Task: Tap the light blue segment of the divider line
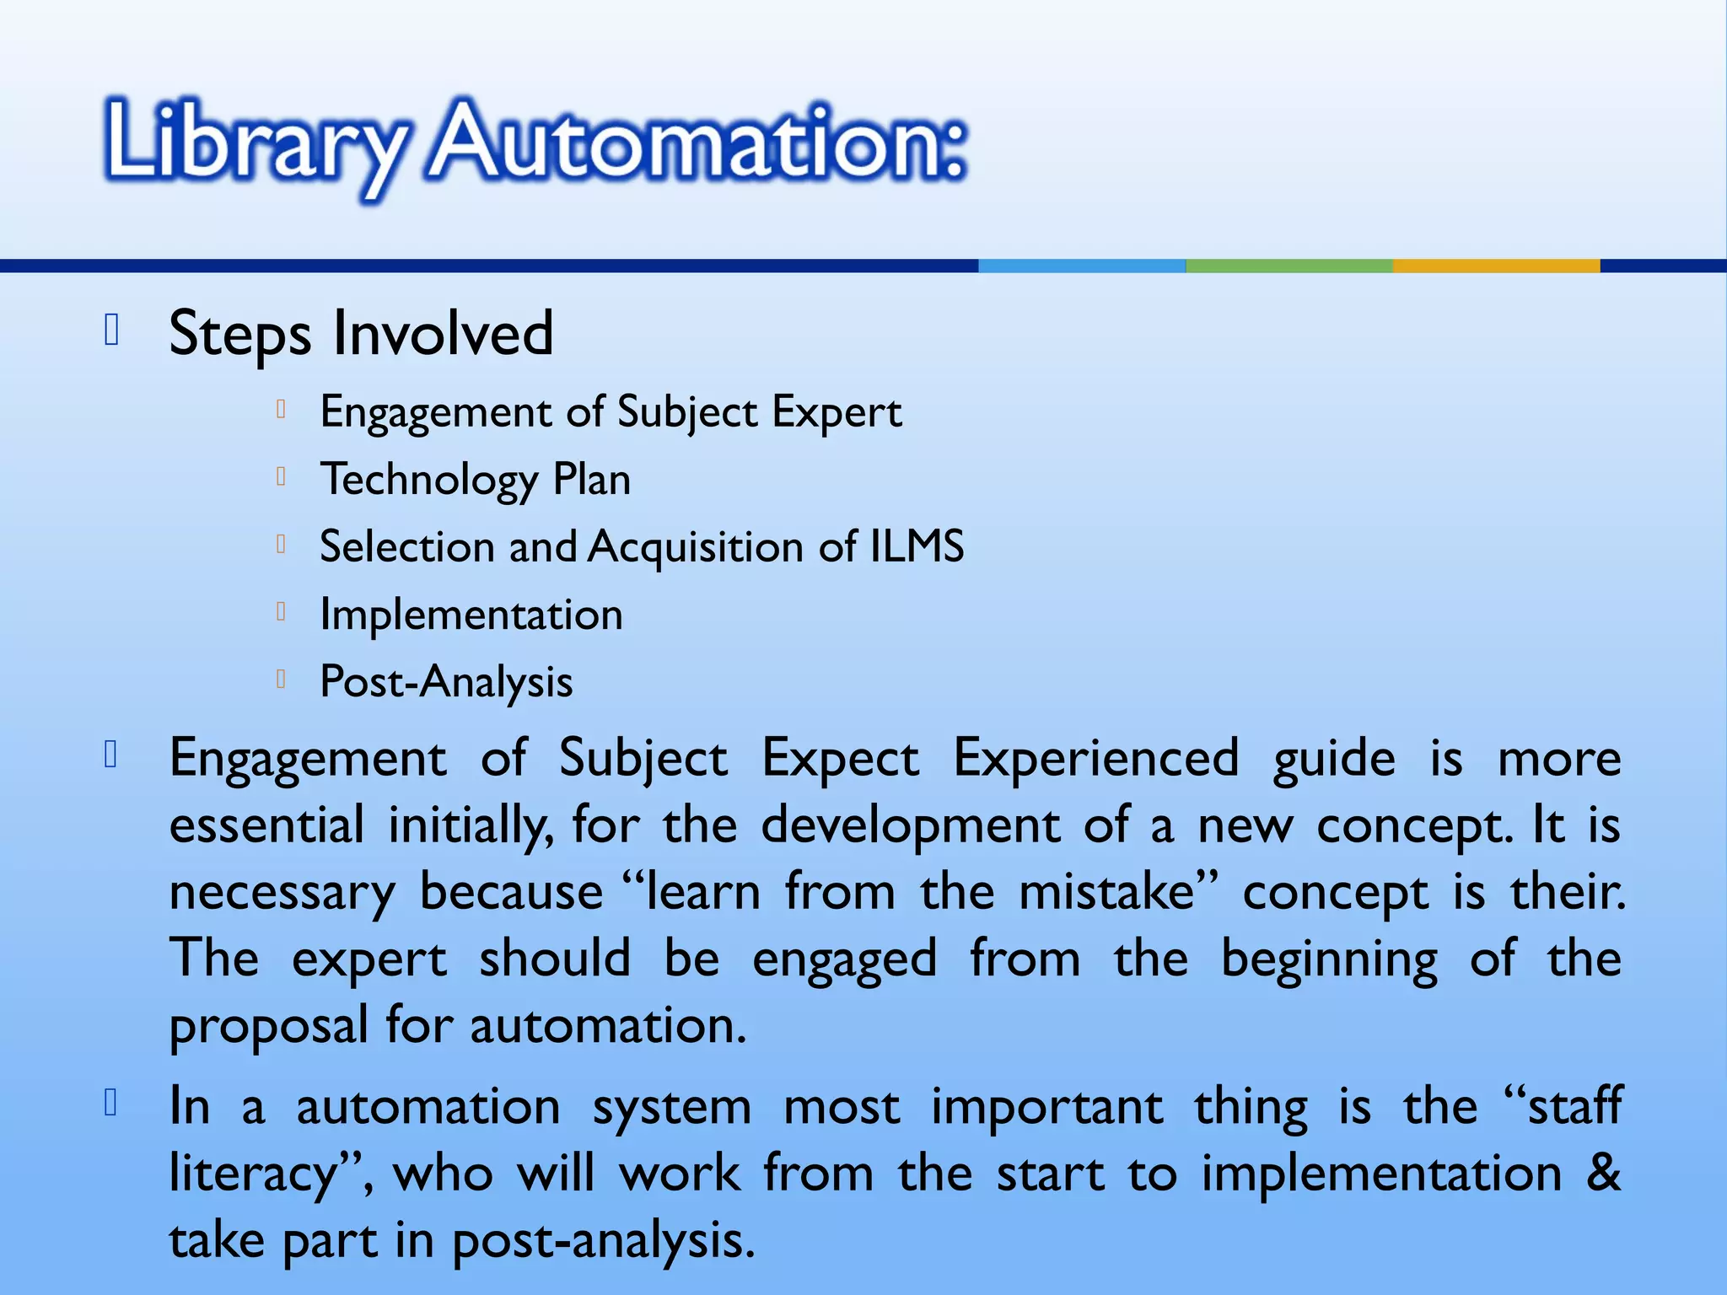click(x=1082, y=266)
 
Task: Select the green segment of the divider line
click(x=1289, y=266)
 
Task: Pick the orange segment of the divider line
click(x=1496, y=266)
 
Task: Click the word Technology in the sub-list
click(x=428, y=480)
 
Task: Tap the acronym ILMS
click(x=917, y=546)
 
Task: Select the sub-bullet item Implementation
click(x=471, y=614)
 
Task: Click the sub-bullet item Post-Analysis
click(x=446, y=681)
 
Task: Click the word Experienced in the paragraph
click(x=1095, y=758)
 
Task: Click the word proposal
click(x=269, y=1027)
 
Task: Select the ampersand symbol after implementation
click(x=1602, y=1173)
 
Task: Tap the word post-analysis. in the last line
click(x=603, y=1241)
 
